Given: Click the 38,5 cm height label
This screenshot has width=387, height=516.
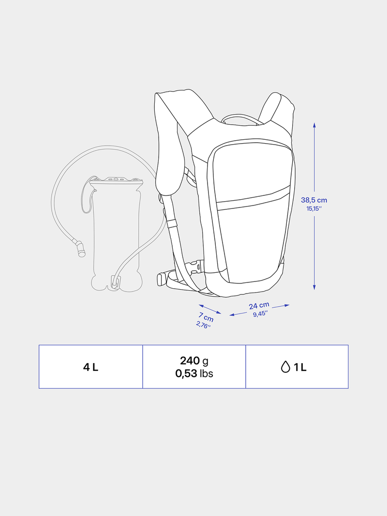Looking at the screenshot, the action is click(314, 200).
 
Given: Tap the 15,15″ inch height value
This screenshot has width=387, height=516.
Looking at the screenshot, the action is click(314, 208).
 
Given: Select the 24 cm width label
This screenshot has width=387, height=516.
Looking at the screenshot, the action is click(259, 306).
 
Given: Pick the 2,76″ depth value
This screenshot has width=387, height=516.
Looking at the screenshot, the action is click(203, 325).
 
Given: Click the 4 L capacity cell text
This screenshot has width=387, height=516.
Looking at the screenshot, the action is click(90, 367).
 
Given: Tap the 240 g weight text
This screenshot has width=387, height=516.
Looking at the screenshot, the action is click(194, 361).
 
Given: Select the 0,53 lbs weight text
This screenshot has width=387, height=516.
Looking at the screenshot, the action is click(194, 373).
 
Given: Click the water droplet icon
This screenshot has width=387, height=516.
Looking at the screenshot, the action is click(285, 367).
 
